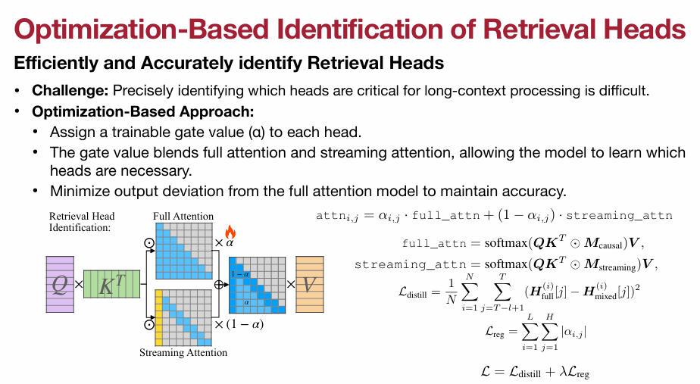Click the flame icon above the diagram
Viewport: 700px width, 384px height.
tap(230, 232)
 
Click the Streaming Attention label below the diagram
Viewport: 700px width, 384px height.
tap(183, 352)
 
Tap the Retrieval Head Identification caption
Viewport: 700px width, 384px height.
tap(82, 221)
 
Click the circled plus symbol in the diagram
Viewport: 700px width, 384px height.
tap(218, 285)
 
